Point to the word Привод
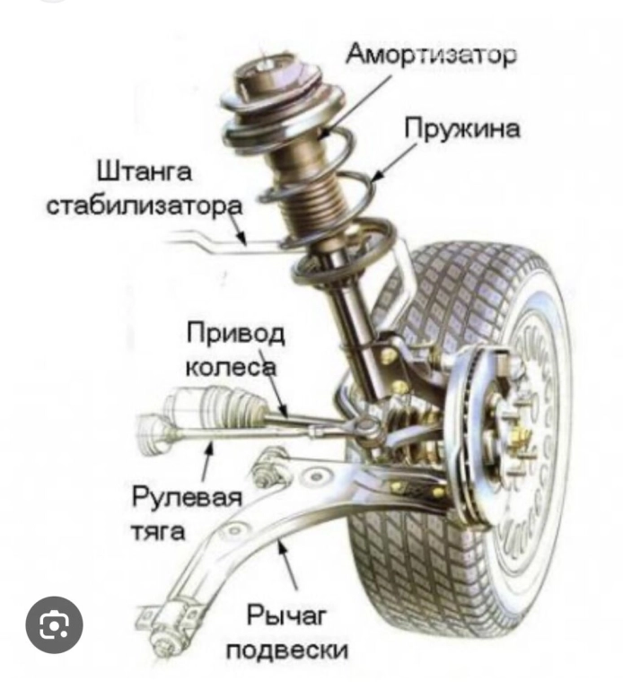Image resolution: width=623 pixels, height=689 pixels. (236, 335)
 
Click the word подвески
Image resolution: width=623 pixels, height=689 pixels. (287, 648)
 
